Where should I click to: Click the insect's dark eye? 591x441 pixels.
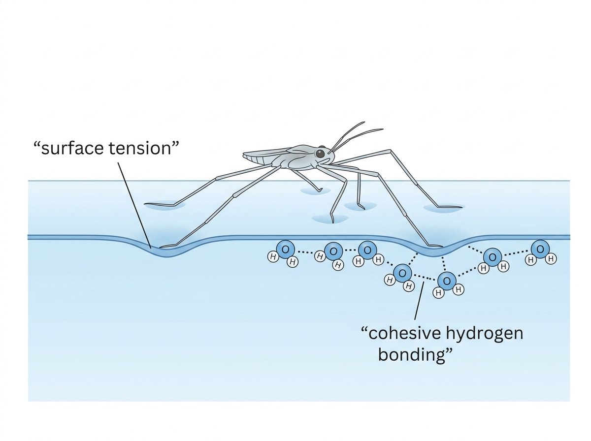pos(320,154)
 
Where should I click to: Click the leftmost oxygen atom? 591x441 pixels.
pos(285,250)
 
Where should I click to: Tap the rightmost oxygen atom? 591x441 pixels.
pos(540,249)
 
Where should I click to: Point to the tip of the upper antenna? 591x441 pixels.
pos(364,122)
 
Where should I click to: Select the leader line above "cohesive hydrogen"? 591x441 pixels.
pos(419,301)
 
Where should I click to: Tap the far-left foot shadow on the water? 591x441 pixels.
pos(165,204)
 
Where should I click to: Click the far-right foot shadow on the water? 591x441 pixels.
pos(444,208)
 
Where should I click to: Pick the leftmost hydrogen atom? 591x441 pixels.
pos(273,256)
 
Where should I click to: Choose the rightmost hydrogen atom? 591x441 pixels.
pos(551,258)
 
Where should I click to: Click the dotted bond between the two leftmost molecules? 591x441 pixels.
pos(306,252)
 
